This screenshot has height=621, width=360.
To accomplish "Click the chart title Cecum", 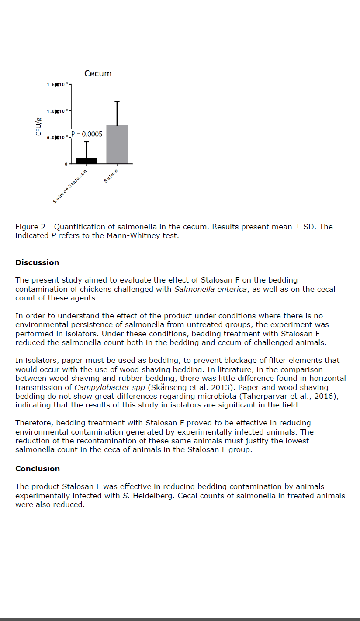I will [98, 73].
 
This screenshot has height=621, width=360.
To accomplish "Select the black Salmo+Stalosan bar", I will [86, 161].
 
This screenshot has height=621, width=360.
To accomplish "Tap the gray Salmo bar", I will [117, 145].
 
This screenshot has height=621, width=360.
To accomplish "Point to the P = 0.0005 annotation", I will [87, 134].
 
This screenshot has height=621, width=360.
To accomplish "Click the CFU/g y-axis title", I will [39, 126].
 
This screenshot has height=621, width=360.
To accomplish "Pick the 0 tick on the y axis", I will [66, 164].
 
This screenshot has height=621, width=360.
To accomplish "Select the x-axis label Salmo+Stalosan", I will [70, 186].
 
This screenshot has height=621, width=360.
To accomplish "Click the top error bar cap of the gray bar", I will [117, 102].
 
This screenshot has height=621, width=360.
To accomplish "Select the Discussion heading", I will [37, 262].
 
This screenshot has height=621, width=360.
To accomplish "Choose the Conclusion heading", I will [38, 469].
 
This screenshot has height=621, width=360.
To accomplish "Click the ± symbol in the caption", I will [297, 227].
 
